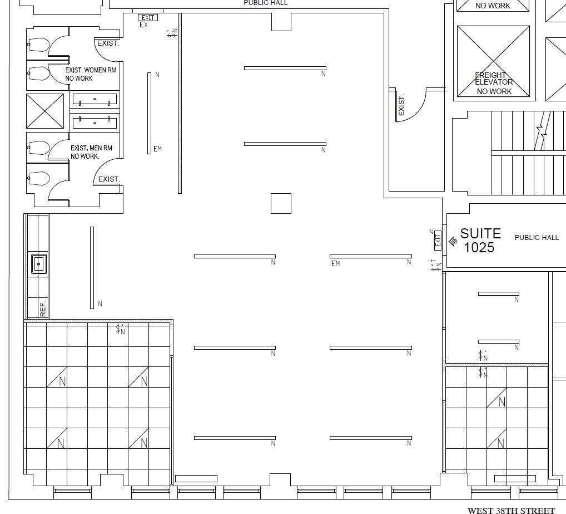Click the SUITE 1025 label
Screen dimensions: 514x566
480,241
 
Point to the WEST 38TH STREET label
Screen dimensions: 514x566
511,510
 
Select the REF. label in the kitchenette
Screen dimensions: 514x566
43,308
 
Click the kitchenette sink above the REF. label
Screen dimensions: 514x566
38,263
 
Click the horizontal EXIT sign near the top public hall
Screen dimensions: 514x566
147,18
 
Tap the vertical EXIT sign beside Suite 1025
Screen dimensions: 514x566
438,241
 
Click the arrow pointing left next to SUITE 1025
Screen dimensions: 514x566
452,242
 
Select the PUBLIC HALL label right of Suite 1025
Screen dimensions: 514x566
537,238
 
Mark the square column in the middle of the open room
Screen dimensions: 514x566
281,203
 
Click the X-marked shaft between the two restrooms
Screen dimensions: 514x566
45,111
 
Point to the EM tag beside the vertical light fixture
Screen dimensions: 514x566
157,149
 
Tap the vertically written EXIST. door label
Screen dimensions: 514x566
401,105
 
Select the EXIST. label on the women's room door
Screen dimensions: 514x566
108,43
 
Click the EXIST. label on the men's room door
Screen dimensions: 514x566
109,179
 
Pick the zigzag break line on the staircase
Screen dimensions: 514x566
541,134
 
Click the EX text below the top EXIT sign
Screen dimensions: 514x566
144,25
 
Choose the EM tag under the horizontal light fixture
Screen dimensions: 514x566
335,263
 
